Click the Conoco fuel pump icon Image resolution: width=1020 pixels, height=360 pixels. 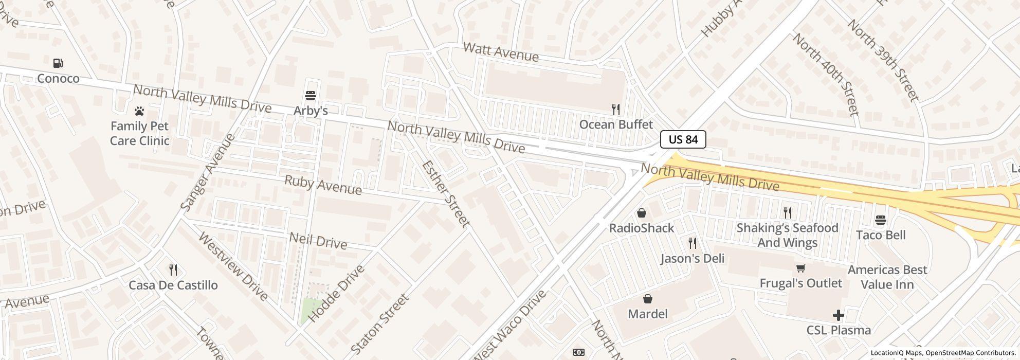58,63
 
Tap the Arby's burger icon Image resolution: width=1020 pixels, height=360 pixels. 310,96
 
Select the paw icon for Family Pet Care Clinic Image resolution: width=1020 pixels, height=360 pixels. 139,111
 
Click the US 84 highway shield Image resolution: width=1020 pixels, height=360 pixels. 683,139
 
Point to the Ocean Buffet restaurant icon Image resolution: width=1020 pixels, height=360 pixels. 615,109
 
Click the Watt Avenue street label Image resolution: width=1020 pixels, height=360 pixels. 501,52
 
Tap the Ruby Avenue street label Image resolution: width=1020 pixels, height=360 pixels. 323,185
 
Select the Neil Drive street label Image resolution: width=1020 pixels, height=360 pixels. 318,240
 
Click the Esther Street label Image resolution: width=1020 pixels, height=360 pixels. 446,194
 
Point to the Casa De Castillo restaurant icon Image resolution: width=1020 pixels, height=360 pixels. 173,269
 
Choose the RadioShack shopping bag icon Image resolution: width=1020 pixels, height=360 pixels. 642,213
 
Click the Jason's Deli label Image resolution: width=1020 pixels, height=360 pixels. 693,258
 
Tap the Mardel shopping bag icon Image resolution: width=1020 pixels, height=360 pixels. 648,299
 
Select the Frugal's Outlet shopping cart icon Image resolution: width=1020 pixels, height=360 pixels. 800,268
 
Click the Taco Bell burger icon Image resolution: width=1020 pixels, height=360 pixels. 880,220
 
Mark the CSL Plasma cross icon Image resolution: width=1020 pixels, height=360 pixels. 839,315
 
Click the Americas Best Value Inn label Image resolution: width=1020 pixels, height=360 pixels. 887,277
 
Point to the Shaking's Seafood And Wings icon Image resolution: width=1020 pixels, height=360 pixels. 787,212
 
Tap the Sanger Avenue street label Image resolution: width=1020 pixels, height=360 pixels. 208,172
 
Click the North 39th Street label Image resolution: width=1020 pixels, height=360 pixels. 882,61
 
